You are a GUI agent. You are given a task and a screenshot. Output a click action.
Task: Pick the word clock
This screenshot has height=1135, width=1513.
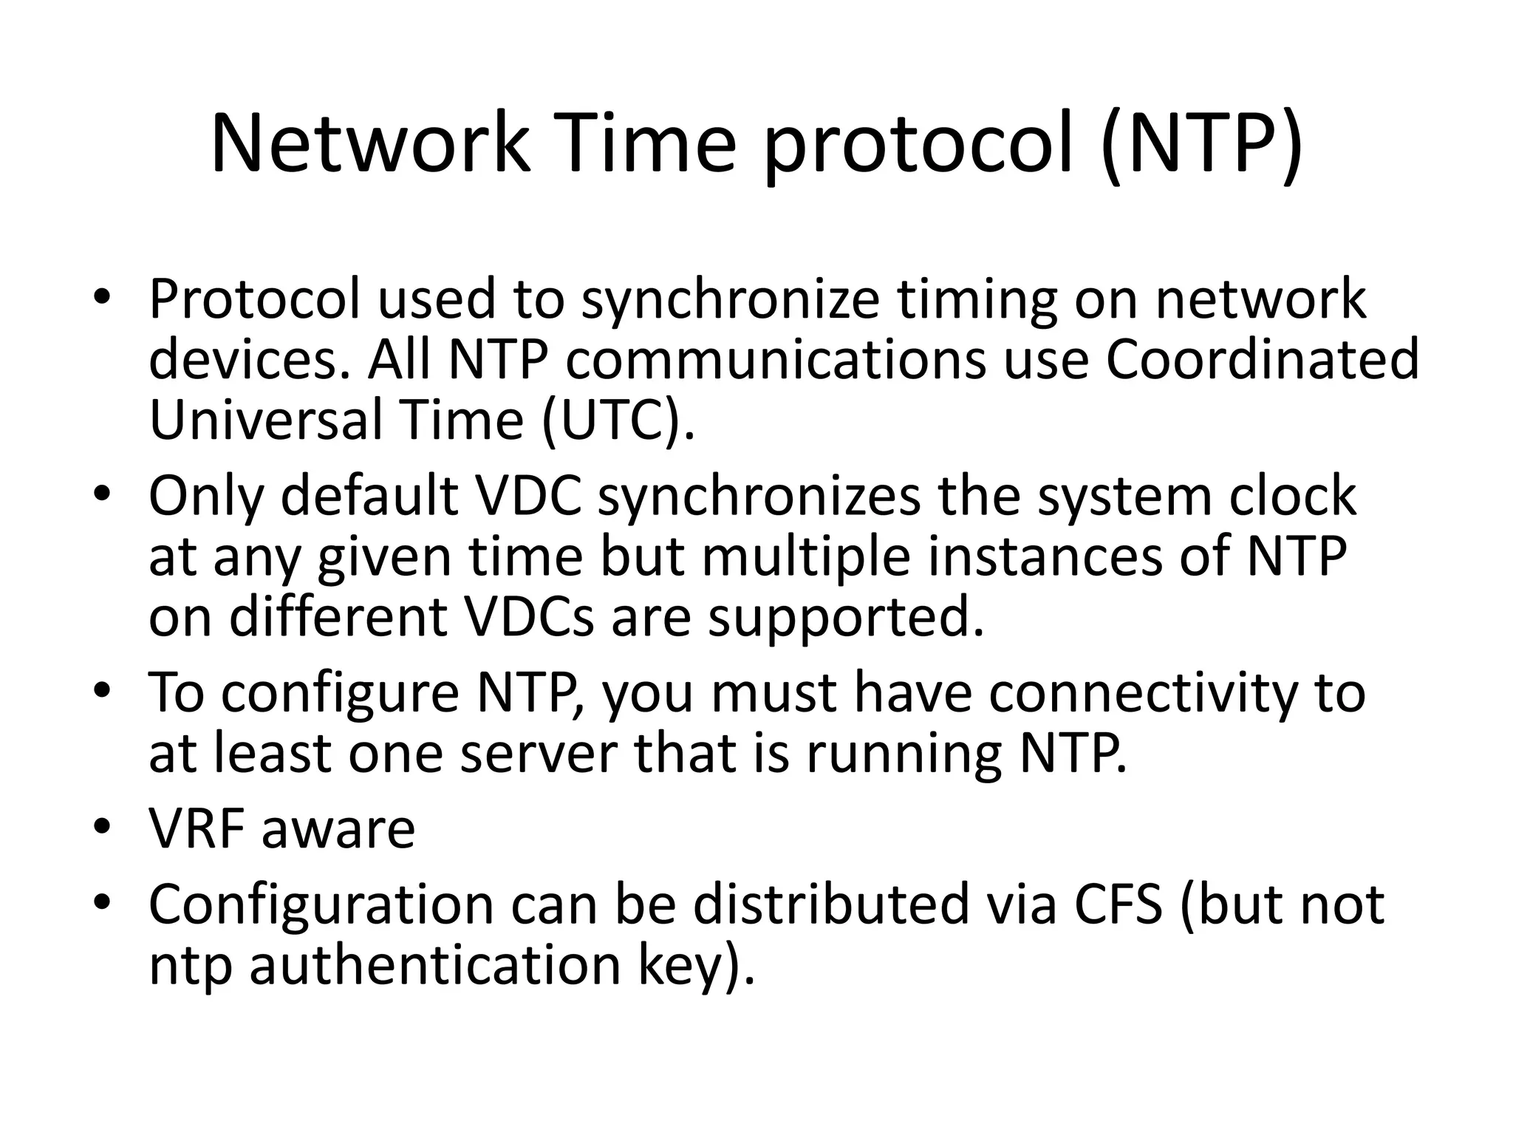pyautogui.click(x=1293, y=496)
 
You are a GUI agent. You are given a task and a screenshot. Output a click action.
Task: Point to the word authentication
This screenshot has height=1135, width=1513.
pyautogui.click(x=435, y=965)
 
